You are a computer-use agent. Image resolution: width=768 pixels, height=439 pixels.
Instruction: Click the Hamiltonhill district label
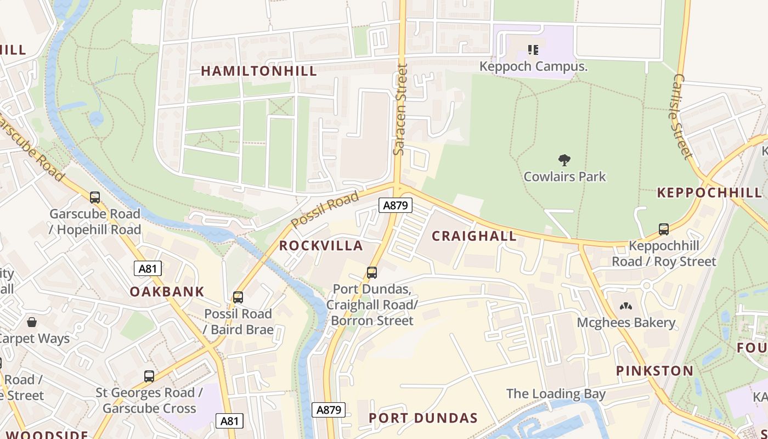click(259, 71)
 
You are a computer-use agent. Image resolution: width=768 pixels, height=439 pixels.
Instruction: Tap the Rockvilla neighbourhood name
click(321, 245)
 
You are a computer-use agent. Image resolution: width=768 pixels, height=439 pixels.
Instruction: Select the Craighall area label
click(474, 236)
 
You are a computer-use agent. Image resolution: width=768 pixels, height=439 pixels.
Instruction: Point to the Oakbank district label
click(167, 291)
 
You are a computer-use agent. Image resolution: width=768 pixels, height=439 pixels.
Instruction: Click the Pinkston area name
click(654, 370)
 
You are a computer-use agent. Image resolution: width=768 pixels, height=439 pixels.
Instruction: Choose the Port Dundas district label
click(423, 418)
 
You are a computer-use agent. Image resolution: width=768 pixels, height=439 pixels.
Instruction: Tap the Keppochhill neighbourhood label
click(709, 193)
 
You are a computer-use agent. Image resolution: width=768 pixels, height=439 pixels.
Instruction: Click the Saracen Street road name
click(402, 110)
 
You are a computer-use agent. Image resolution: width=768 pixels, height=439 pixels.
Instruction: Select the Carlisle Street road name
click(681, 116)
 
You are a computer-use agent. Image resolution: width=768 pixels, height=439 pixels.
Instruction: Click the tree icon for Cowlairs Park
click(564, 160)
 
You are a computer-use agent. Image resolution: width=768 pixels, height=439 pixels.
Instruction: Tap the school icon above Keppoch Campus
click(533, 50)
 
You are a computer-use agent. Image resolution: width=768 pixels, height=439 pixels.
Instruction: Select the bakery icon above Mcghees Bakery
click(625, 306)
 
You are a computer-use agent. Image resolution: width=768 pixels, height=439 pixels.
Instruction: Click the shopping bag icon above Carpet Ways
click(32, 322)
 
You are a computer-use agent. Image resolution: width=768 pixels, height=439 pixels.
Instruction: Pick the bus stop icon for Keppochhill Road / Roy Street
click(664, 229)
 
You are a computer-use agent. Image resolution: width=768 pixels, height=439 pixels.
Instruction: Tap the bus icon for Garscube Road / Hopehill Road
click(95, 198)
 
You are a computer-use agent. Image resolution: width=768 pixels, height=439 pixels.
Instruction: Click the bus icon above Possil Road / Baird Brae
click(238, 297)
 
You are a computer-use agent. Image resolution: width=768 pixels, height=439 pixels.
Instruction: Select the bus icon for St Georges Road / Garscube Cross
click(149, 376)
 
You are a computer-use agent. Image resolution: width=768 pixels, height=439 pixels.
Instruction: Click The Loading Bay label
click(556, 393)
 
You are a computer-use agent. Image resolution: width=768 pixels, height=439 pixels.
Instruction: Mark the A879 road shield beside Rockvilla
click(395, 206)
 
